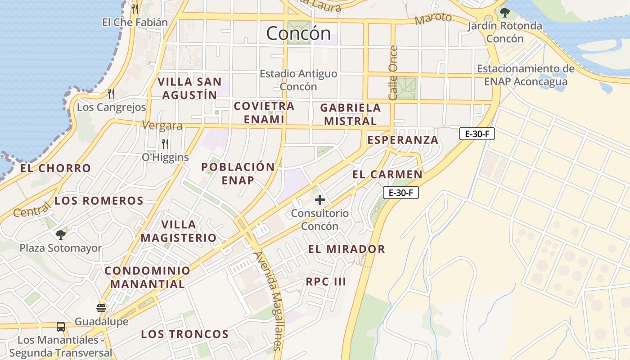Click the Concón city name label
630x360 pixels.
298,33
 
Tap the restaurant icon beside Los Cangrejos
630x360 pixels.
111,94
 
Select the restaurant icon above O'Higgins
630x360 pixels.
165,144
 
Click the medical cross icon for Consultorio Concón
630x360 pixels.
320,199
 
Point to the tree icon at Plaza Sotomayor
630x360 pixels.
61,234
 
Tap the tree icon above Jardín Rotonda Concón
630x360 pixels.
505,12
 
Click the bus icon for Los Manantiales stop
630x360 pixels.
61,327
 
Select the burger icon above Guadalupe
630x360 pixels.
101,308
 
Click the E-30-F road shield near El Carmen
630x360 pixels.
401,193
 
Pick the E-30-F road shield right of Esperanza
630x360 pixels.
477,134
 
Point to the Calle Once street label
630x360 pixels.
393,72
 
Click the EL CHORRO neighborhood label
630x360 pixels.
56,168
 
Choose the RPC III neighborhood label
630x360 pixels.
326,282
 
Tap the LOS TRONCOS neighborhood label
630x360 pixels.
185,334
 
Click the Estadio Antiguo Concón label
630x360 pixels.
298,80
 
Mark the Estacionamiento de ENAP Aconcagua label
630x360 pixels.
526,75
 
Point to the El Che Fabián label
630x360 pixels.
135,22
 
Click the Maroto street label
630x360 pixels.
433,18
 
